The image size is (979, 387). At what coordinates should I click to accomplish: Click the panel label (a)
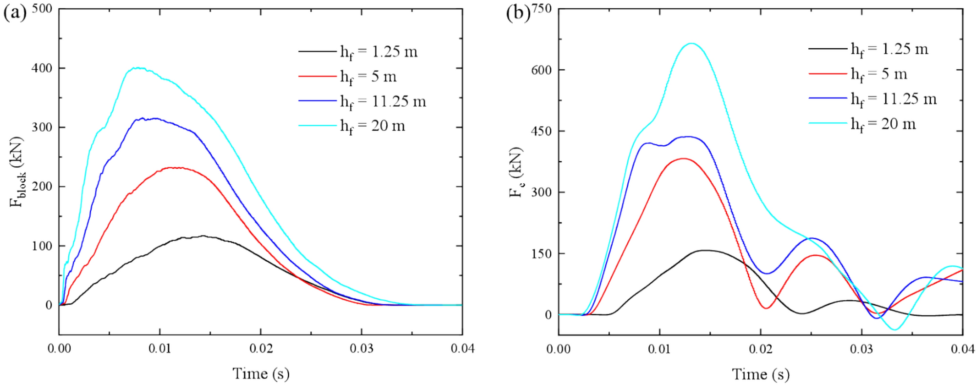point(15,13)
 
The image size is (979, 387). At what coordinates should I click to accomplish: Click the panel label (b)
point(518,13)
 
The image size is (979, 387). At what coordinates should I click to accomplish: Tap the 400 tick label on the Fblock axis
point(42,68)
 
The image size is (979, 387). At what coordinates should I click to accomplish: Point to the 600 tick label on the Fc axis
point(541,70)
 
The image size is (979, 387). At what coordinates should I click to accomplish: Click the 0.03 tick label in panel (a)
point(361,348)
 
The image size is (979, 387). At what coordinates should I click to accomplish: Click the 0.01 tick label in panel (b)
point(659,349)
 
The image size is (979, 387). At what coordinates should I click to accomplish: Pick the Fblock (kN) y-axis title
point(17,172)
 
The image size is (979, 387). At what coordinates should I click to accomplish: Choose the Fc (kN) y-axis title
point(516,172)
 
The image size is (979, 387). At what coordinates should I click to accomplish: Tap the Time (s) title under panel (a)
point(260,374)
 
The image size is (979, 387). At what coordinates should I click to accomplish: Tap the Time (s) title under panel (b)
point(760,374)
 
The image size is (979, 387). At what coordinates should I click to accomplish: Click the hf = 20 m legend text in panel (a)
point(373,126)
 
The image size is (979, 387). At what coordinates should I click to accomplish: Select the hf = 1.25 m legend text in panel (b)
point(889,49)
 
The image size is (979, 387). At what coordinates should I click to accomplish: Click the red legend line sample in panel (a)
point(318,77)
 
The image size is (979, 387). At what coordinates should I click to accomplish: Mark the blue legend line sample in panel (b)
point(828,98)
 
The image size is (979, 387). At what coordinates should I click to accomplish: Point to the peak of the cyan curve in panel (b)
point(691,43)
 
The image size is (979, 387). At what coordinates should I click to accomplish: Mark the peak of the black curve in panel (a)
point(202,236)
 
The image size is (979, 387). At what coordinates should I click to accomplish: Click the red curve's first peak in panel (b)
point(683,158)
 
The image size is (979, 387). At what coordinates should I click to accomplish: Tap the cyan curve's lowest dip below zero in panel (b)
point(895,329)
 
